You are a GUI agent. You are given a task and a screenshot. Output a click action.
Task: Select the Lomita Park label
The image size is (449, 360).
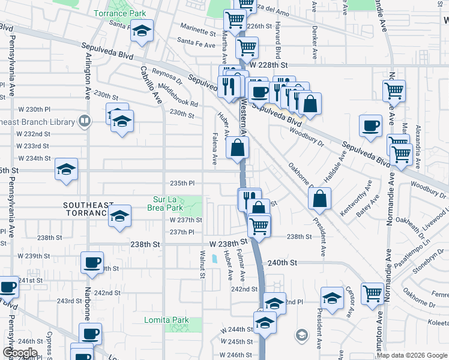click(166, 320)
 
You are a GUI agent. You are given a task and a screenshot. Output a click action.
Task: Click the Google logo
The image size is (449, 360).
click(20, 353)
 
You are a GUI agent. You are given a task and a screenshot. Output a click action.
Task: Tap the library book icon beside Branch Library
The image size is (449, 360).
click(85, 121)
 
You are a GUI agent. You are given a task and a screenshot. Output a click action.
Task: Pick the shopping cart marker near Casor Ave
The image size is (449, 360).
click(372, 293)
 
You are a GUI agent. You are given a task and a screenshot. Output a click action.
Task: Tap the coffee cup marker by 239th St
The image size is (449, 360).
click(92, 263)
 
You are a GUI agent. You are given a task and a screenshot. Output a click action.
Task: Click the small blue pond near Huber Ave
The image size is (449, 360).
click(214, 259)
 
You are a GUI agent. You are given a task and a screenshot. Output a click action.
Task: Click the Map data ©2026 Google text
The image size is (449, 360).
click(411, 355)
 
